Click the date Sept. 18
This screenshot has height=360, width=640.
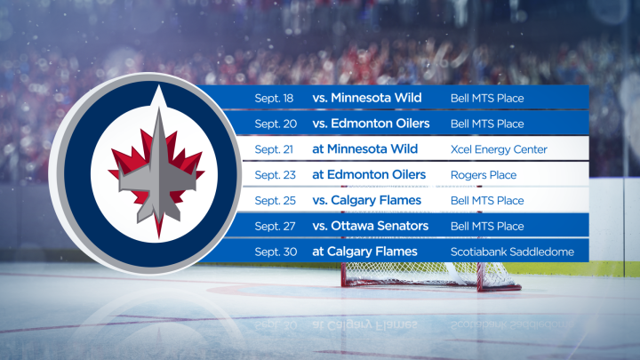click(x=274, y=98)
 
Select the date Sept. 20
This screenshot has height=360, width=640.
click(x=274, y=124)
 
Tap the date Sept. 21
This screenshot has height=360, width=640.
click(x=274, y=149)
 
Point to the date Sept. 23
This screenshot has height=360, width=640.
click(x=274, y=175)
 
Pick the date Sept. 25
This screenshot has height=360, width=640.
click(x=274, y=201)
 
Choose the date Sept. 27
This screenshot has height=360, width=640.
click(x=274, y=227)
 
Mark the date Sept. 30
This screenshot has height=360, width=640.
click(x=274, y=252)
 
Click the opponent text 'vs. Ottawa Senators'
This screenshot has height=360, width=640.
click(x=370, y=227)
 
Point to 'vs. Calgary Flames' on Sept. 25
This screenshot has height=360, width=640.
click(x=365, y=201)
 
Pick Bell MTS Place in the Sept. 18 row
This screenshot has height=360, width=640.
click(x=487, y=98)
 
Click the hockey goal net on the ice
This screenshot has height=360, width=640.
click(x=427, y=276)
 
